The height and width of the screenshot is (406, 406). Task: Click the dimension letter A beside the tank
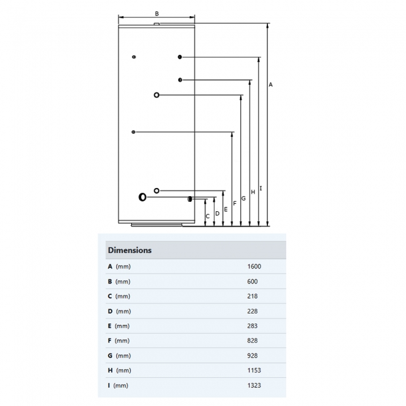click(270, 84)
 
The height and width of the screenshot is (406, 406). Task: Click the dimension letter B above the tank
click(157, 13)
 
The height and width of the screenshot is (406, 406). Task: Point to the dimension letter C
click(208, 216)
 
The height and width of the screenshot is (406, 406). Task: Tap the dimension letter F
click(234, 203)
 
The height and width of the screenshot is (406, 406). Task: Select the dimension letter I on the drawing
click(260, 188)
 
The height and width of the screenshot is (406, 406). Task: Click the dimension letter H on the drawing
click(252, 192)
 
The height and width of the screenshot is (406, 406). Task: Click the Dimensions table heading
click(130, 250)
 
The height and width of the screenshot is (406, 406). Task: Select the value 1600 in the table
click(254, 267)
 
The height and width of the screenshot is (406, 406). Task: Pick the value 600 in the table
click(252, 282)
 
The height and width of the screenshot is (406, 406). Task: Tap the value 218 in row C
click(252, 296)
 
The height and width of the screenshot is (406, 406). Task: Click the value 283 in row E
click(252, 326)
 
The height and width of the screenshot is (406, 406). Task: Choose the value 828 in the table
click(252, 341)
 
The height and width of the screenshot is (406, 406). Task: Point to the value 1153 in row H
click(254, 370)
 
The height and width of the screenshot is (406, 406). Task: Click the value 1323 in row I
click(254, 385)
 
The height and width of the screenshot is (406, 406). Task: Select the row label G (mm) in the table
click(119, 356)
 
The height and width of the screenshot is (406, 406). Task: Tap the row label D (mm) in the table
click(119, 311)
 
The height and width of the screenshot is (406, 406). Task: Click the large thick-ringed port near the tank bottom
click(143, 197)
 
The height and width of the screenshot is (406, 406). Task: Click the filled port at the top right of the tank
click(180, 57)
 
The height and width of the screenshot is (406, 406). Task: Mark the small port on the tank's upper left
click(134, 57)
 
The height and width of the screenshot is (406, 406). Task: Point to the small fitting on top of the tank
click(157, 25)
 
